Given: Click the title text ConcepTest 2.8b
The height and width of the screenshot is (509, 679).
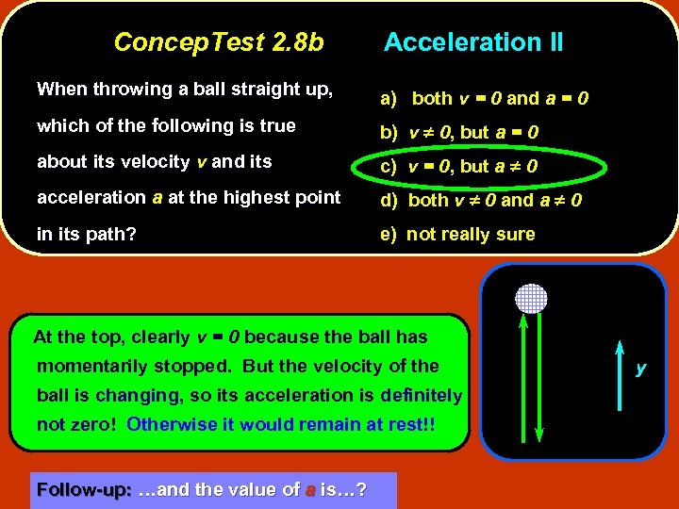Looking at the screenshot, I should pos(218,42).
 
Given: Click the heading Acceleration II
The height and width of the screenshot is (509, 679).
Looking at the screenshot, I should pos(473,42).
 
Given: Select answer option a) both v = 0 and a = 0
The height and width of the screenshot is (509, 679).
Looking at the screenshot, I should pos(485,98).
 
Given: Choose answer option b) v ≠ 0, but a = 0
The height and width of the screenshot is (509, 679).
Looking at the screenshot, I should pos(459,133).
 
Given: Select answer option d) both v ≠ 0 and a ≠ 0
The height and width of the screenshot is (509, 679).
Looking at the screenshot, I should pos(481,200).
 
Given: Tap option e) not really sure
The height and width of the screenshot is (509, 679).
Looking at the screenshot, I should pos(457,235).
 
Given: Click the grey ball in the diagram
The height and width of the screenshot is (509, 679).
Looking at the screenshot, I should pos(530,299).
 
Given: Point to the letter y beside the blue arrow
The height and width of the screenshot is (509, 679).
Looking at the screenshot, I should pos(641,369).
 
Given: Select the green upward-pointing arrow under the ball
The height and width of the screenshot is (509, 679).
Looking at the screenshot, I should pos(519,377).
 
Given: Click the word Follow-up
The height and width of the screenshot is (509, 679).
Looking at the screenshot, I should pos(83,490).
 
